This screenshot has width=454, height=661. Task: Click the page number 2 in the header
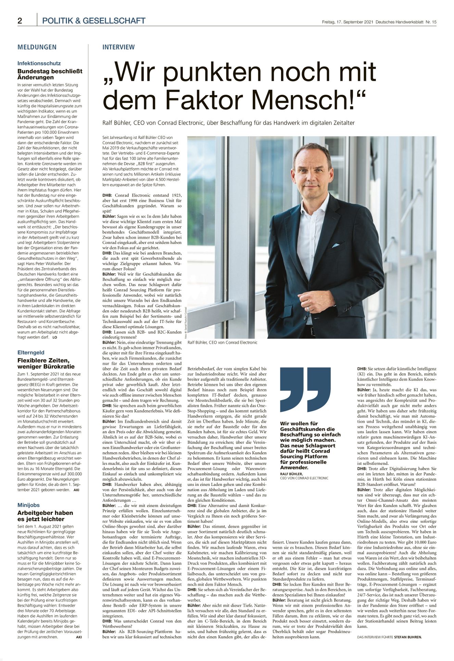[x=20, y=21]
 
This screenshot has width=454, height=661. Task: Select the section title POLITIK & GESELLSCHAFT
[x=93, y=21]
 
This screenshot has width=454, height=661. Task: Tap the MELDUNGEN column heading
[x=37, y=47]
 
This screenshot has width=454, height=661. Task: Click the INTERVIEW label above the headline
[x=118, y=47]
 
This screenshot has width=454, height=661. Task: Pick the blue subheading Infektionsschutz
[x=39, y=63]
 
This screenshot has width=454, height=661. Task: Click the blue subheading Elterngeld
[x=31, y=352]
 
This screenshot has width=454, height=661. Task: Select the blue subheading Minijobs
[x=28, y=505]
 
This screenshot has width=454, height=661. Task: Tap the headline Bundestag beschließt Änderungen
[x=50, y=74]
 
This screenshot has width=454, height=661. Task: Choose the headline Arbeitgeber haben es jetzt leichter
[x=45, y=516]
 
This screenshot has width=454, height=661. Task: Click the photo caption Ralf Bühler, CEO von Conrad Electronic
[x=222, y=342]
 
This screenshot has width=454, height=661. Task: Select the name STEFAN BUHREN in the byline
[x=408, y=637]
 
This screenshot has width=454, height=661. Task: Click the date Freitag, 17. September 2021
[x=347, y=22]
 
